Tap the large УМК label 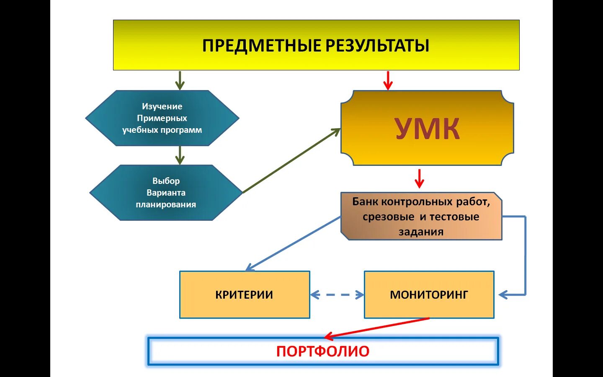coord(427,129)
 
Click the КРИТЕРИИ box coord(245,295)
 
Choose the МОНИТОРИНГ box coord(429,295)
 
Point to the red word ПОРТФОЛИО coord(323,351)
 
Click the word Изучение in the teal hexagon coord(162,106)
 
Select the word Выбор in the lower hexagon coord(166,181)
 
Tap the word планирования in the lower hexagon coord(166,204)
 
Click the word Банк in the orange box coord(366,202)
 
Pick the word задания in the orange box coord(421,232)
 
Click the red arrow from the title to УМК coord(388,80)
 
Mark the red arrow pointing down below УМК coord(419,178)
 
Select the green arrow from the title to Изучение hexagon coord(180,80)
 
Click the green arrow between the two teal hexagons coord(180,155)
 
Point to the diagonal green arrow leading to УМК coord(292,161)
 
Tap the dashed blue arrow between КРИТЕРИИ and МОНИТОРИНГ coord(337,295)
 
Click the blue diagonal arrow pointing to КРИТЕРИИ coord(293,243)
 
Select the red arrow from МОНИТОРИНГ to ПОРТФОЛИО coord(377,327)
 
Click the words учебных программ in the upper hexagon coord(162,130)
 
